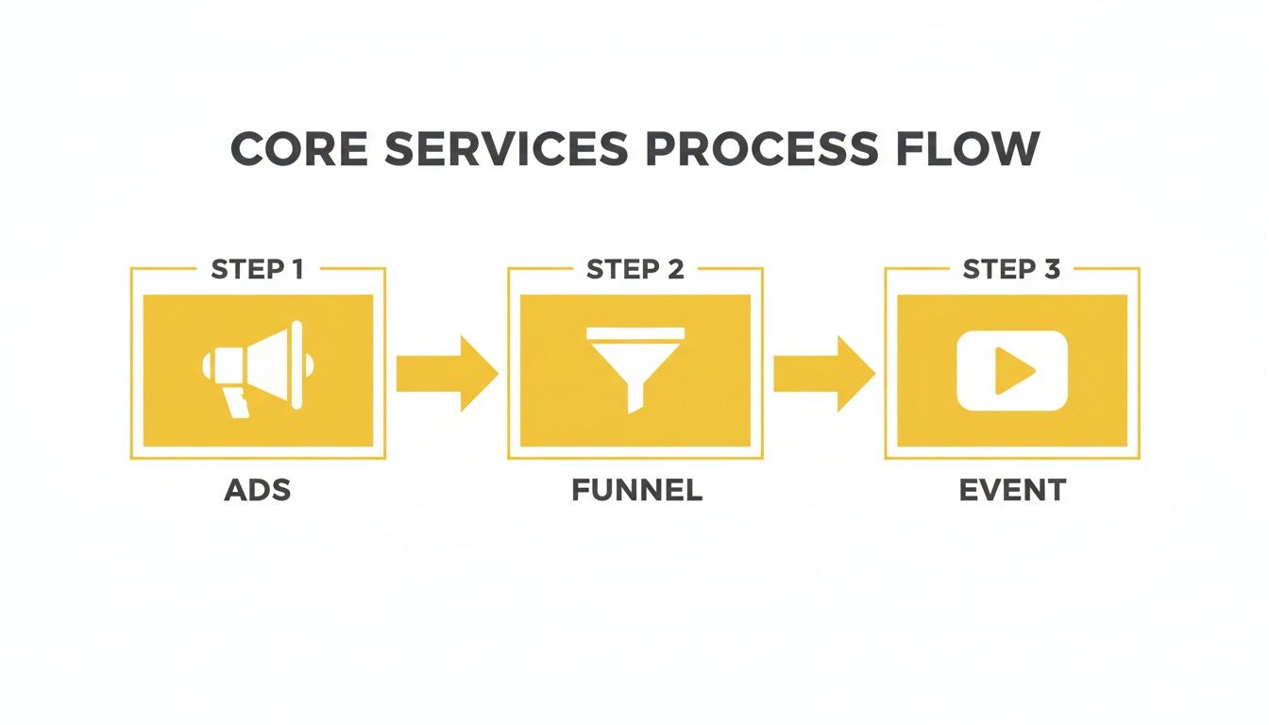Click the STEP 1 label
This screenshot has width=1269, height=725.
(x=257, y=269)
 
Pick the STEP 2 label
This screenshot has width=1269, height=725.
(x=634, y=269)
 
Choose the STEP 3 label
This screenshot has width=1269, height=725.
(x=1011, y=269)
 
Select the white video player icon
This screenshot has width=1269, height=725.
(x=1011, y=371)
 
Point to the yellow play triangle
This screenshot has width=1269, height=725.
(x=1013, y=371)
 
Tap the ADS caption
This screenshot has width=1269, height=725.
(x=257, y=491)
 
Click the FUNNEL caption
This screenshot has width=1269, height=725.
(x=636, y=491)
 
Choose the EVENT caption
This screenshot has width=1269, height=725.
(x=1012, y=491)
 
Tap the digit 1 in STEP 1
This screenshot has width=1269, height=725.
(x=297, y=269)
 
